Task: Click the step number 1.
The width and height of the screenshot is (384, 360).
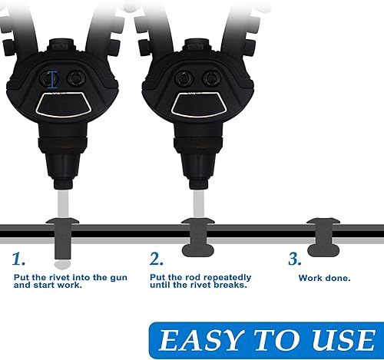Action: point(18,259)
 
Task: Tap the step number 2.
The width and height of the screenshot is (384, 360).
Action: point(156,259)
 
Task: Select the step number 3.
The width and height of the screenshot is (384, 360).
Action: point(295,259)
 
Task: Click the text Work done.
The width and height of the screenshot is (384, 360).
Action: point(324,278)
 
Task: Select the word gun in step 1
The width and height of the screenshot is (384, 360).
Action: point(119,278)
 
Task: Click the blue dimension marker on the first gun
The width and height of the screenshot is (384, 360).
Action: point(53,80)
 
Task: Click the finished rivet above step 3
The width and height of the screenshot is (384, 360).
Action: point(323,237)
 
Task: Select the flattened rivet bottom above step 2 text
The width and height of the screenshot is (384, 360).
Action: point(197,250)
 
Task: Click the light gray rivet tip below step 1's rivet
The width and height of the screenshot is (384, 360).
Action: point(62,265)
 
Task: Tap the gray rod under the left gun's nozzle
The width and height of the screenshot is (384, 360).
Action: point(63,204)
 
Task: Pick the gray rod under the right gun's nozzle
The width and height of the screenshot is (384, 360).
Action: point(199,204)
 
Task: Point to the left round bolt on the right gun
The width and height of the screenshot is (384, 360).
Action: point(184,78)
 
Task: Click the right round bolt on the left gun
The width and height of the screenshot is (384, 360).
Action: point(76,78)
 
